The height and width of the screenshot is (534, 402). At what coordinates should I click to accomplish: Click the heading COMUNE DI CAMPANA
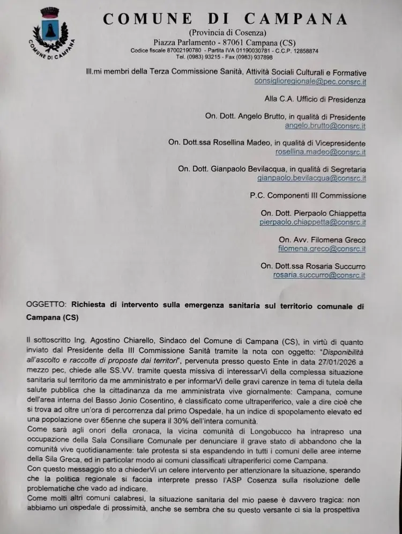click(x=226, y=19)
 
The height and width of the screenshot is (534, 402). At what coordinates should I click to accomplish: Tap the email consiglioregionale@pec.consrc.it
click(x=310, y=82)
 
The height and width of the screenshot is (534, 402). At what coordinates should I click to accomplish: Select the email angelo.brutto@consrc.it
click(x=325, y=126)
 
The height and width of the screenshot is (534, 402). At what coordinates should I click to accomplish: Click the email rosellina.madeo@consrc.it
click(x=321, y=152)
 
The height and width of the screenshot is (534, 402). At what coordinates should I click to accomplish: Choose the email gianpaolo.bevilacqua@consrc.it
click(x=311, y=178)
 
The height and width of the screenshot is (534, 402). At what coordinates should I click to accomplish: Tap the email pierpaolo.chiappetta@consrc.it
click(x=312, y=222)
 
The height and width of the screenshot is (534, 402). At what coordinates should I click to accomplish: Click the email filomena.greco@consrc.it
click(x=322, y=248)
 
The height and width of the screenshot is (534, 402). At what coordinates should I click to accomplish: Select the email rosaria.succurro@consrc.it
click(x=319, y=275)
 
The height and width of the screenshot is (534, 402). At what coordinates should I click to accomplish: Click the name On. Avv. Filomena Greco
click(x=322, y=239)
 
